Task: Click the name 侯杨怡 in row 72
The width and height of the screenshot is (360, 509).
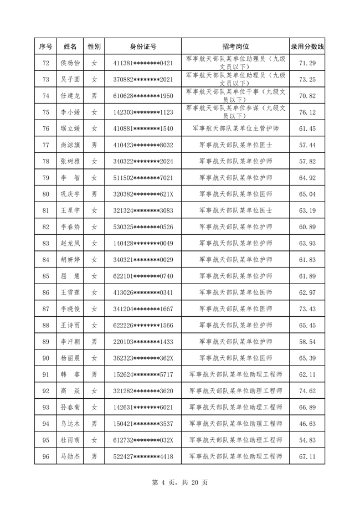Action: (70, 63)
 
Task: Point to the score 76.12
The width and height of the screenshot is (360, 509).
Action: (307, 112)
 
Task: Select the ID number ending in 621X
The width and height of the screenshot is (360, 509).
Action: (143, 194)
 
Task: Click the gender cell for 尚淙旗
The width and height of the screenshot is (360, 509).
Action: (95, 145)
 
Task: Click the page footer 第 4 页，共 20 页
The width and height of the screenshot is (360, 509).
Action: (179, 482)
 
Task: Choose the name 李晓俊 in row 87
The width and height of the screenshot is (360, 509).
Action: (70, 309)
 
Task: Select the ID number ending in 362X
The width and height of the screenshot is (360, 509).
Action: (143, 358)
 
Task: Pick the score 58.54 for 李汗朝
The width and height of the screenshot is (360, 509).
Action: (307, 342)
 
